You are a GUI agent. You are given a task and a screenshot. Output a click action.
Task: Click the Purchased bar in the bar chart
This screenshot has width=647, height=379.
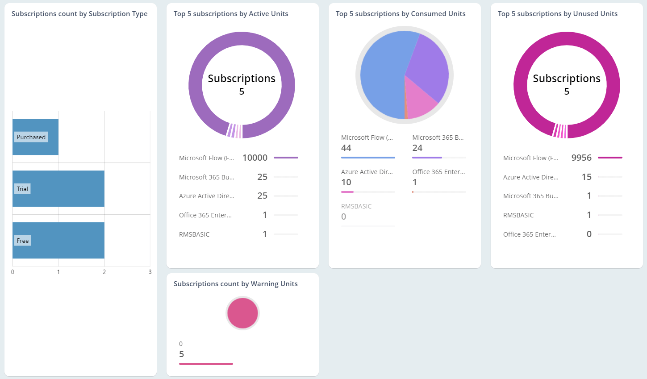coord(36,147)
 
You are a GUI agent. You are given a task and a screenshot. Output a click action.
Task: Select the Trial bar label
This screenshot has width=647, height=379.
coord(22,189)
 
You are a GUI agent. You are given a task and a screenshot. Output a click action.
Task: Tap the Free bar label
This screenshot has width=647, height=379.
coord(23,241)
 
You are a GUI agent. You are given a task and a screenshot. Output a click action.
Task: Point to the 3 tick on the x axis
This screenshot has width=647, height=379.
coord(150,272)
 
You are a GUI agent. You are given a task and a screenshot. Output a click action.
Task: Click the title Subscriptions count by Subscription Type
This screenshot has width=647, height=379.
coord(79,14)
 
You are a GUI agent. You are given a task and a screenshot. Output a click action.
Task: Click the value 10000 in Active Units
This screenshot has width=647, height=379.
coord(255,158)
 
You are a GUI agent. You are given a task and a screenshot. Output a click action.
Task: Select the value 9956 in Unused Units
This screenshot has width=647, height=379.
coord(581,158)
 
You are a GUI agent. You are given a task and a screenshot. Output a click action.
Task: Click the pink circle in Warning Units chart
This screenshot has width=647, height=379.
coord(242,313)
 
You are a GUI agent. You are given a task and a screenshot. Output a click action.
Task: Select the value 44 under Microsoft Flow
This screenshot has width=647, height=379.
coord(346,148)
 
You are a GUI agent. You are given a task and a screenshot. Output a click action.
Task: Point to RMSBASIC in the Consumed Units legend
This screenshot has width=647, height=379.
coord(356,206)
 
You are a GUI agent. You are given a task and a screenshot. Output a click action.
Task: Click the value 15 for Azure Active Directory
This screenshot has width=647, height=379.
coord(586,177)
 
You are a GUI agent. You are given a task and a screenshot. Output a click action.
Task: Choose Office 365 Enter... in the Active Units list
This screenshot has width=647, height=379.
coord(205,215)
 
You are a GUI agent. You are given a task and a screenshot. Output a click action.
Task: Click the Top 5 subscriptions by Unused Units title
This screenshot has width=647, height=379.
coord(557,14)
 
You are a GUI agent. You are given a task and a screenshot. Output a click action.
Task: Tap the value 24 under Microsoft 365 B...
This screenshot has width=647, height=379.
coord(417,148)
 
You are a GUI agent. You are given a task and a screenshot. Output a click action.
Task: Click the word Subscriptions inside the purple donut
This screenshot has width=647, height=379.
coord(242,79)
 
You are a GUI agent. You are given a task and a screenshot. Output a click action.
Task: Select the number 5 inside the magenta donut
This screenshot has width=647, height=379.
coord(567,92)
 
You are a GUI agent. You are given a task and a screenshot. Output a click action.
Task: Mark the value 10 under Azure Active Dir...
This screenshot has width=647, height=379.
coord(346,182)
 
